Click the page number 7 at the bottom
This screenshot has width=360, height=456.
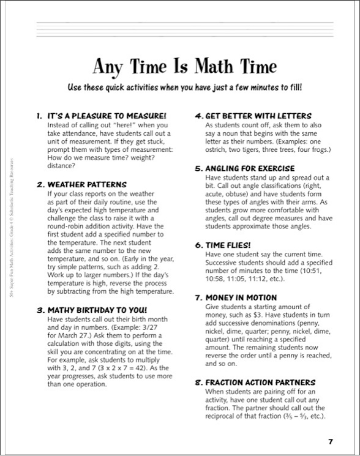pos(330,441)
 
